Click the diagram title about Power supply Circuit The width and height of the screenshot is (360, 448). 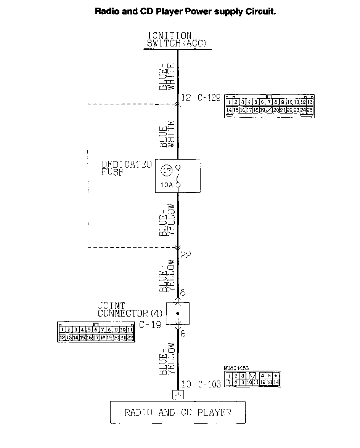(185, 11)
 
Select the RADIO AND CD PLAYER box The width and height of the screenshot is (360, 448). (178, 412)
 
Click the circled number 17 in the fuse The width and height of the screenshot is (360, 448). (167, 171)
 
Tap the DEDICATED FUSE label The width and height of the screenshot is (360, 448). (126, 168)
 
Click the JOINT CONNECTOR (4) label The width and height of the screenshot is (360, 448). (130, 310)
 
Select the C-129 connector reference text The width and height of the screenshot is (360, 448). (209, 98)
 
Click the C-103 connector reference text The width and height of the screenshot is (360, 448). (209, 384)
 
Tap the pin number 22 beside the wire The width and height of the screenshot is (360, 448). (185, 255)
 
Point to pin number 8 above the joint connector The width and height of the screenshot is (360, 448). (183, 293)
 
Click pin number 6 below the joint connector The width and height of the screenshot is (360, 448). (183, 334)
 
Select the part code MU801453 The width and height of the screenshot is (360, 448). (236, 368)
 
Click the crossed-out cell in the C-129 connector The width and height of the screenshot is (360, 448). (270, 110)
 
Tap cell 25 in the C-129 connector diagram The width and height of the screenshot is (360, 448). (310, 110)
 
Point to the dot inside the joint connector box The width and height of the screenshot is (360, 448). (178, 314)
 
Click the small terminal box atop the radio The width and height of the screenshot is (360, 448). (178, 395)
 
